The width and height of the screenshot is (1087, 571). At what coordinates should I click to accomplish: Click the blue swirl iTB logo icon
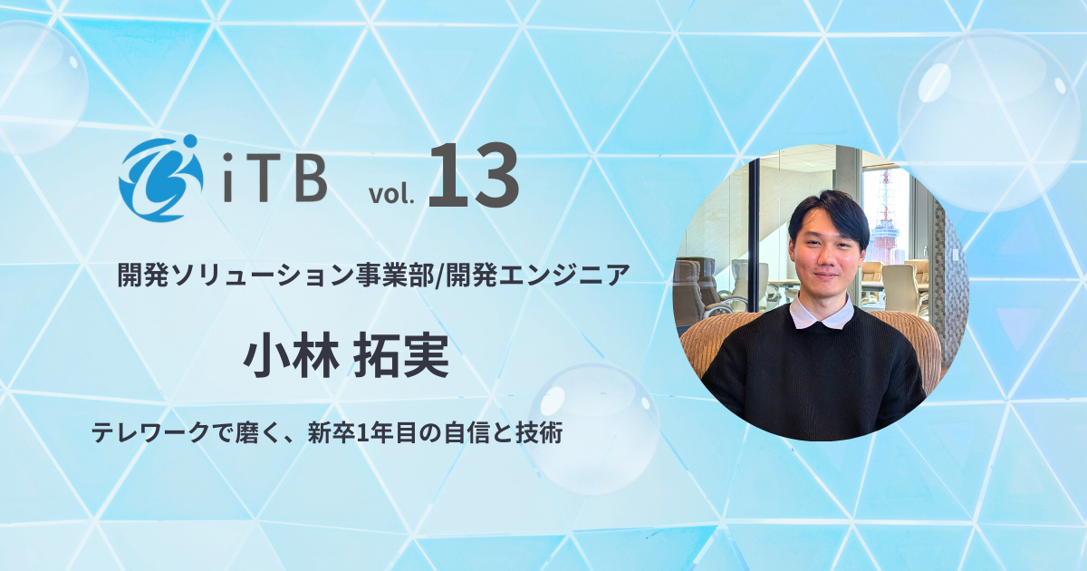pyautogui.click(x=159, y=178)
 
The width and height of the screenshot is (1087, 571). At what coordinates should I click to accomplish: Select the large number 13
pyautogui.click(x=473, y=176)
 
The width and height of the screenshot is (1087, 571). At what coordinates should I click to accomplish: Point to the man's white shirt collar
pyautogui.click(x=821, y=314)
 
